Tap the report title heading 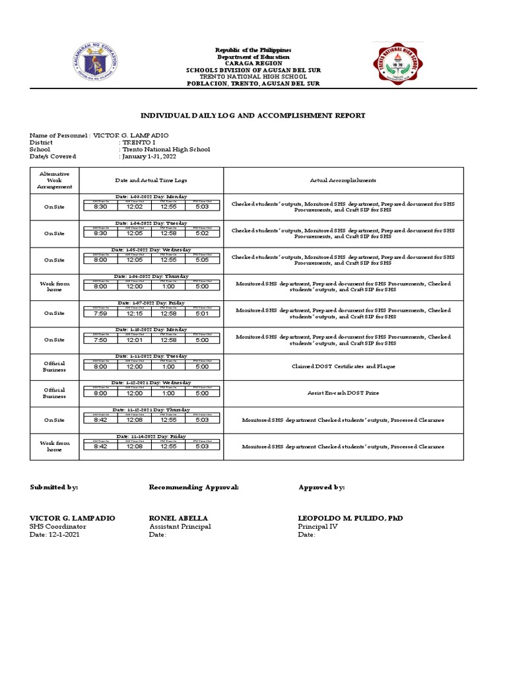(x=253, y=116)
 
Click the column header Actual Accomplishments (x=343, y=180)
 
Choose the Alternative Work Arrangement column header (x=54, y=180)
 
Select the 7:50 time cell (x=100, y=340)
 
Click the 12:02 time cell (x=135, y=207)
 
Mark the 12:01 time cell (x=135, y=340)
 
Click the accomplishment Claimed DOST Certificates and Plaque (x=343, y=366)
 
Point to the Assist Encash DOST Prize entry (x=343, y=393)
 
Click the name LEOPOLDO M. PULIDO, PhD (x=350, y=518)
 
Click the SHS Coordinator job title (x=57, y=527)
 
